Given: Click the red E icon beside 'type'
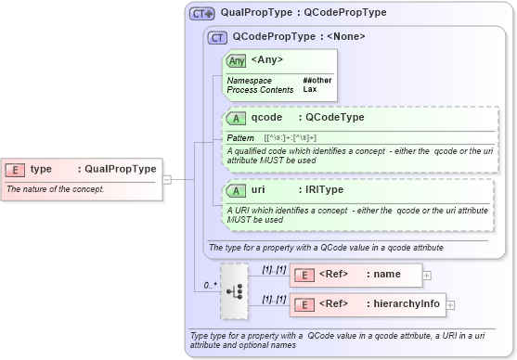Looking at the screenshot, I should [15, 169].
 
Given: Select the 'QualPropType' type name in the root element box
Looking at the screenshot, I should [120, 169].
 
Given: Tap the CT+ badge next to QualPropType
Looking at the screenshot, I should [201, 14].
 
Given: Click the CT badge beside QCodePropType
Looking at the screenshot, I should [218, 38].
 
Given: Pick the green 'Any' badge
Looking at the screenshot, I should [237, 60].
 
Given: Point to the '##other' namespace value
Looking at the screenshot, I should [317, 81].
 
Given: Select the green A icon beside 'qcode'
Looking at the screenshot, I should [238, 118].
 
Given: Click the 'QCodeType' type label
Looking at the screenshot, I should [334, 118].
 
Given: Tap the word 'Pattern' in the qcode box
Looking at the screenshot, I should [240, 137].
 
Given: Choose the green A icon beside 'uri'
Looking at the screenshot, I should [238, 190].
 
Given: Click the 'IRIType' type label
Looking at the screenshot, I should [320, 190].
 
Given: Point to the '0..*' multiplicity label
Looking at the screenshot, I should [211, 286].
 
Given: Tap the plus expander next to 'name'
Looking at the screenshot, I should [427, 275].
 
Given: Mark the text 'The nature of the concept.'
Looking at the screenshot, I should [56, 189].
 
